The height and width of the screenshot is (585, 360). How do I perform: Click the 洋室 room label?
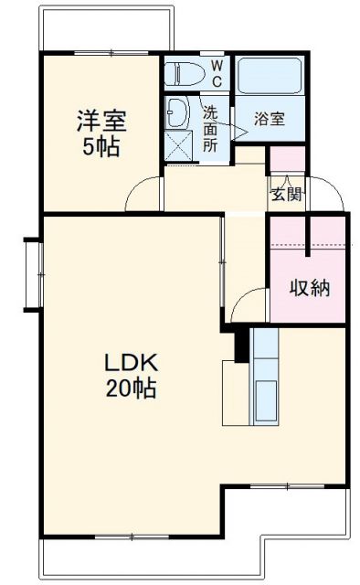(x=101, y=121)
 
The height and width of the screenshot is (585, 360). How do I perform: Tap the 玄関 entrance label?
(x=285, y=194)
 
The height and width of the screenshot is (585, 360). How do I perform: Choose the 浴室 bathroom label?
(x=269, y=119)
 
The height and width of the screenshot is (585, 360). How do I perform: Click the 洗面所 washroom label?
(x=210, y=128)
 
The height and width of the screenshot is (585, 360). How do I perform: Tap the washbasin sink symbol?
(x=177, y=112)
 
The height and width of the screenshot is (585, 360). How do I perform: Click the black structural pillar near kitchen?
(x=241, y=344)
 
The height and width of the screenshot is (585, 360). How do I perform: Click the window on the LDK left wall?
(x=34, y=271)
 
